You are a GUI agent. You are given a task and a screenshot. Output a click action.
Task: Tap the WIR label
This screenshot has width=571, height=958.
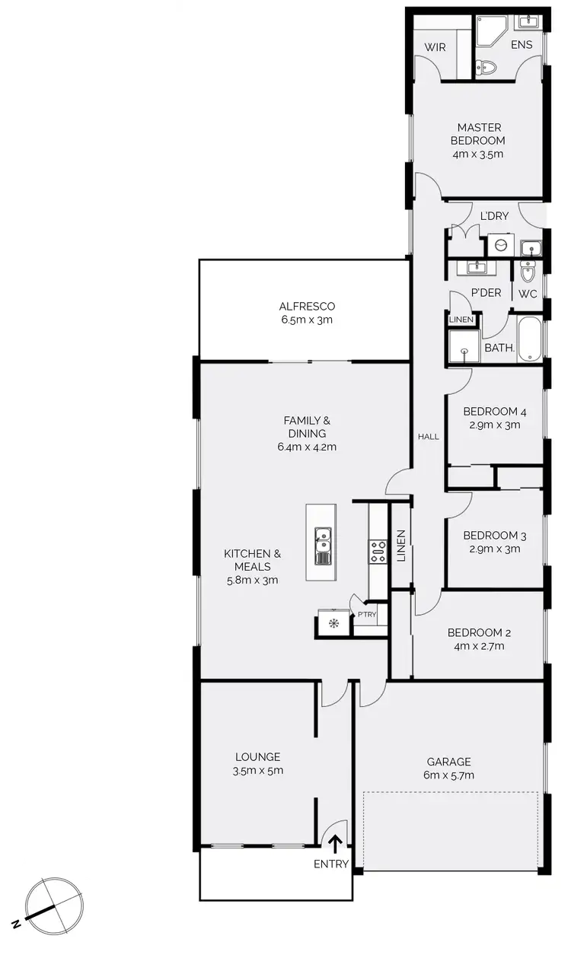pyautogui.click(x=435, y=47)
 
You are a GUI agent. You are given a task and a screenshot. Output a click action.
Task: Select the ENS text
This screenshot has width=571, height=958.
pyautogui.click(x=522, y=45)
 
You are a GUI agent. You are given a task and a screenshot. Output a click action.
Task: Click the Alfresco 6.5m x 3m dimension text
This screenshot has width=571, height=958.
pyautogui.click(x=307, y=320)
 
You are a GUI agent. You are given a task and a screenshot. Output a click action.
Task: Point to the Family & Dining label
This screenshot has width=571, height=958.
pyautogui.click(x=307, y=426)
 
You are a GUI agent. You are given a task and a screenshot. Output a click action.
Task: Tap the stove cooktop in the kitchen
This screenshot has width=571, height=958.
pyautogui.click(x=378, y=551)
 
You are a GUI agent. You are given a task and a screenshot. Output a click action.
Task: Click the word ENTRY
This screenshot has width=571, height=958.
pyautogui.click(x=331, y=864)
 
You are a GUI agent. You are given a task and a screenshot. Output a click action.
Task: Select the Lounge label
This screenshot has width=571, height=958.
pyautogui.click(x=257, y=757)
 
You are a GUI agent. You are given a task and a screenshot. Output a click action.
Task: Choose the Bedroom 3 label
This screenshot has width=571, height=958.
pyautogui.click(x=494, y=535)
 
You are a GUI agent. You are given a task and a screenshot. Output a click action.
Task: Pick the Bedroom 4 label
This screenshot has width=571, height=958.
pyautogui.click(x=494, y=412)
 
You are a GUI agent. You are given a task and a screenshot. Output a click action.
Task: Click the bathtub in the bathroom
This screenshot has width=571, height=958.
pyautogui.click(x=531, y=340)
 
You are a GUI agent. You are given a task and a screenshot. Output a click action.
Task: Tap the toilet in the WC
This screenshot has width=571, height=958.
pyautogui.click(x=528, y=271)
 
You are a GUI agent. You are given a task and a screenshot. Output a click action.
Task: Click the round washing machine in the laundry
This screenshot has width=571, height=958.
pyautogui.click(x=500, y=244)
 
